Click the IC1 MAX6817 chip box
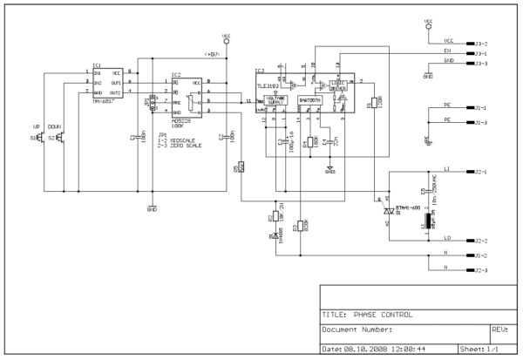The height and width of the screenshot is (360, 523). [110, 82]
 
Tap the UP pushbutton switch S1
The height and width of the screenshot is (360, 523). [42, 138]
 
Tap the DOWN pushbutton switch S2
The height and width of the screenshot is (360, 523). [58, 138]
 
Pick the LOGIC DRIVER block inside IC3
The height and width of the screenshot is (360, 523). [335, 85]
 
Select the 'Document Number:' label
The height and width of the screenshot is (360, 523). [358, 330]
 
